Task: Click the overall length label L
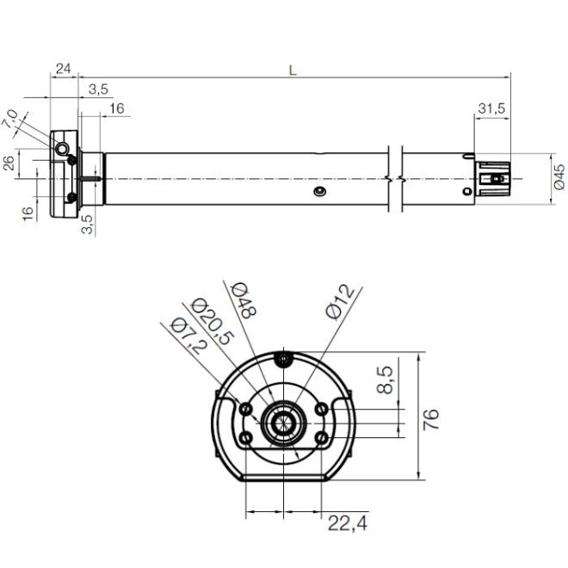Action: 293,71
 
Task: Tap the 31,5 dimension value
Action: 491,108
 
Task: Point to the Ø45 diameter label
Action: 558,177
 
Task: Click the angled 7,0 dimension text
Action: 11,119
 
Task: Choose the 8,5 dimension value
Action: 386,379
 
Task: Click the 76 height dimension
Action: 433,418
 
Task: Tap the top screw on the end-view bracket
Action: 283,357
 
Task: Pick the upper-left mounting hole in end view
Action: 247,407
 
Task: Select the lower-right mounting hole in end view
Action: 321,438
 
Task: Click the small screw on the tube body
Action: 319,190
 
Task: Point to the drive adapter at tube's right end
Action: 494,179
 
